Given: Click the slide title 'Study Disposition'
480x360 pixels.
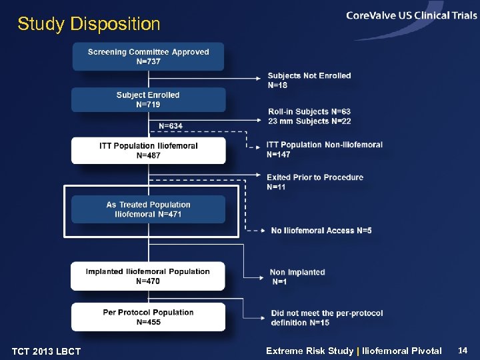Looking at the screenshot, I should click(89, 25).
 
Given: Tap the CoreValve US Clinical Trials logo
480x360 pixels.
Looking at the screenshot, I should click(411, 17).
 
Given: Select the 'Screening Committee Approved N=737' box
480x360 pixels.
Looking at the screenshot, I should click(148, 57).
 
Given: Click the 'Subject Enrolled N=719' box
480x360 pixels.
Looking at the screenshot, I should click(148, 100).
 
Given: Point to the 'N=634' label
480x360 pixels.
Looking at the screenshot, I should click(171, 125).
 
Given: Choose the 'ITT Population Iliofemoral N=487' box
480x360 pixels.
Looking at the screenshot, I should click(148, 151).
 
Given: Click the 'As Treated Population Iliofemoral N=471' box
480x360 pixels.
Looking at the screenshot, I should click(148, 209).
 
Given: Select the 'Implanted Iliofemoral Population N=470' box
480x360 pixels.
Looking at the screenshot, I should click(148, 276).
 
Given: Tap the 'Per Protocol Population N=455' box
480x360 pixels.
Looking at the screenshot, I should click(148, 317).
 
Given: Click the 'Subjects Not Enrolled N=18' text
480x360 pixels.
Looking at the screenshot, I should click(309, 80).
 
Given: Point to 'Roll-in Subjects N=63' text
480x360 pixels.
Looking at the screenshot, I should click(309, 111).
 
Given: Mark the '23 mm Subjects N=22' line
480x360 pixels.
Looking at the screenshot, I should click(309, 121).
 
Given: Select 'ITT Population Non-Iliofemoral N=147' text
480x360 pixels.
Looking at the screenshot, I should click(324, 149).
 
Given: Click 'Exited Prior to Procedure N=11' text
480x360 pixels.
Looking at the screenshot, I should click(315, 182).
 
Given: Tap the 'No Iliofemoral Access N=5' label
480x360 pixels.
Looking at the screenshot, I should click(321, 231).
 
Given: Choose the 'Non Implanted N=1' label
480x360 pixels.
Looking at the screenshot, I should click(297, 277).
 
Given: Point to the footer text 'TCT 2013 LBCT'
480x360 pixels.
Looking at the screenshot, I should click(46, 351).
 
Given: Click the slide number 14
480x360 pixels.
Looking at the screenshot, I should click(463, 350).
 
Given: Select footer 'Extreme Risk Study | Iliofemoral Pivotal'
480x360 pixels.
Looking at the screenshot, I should click(353, 351).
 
